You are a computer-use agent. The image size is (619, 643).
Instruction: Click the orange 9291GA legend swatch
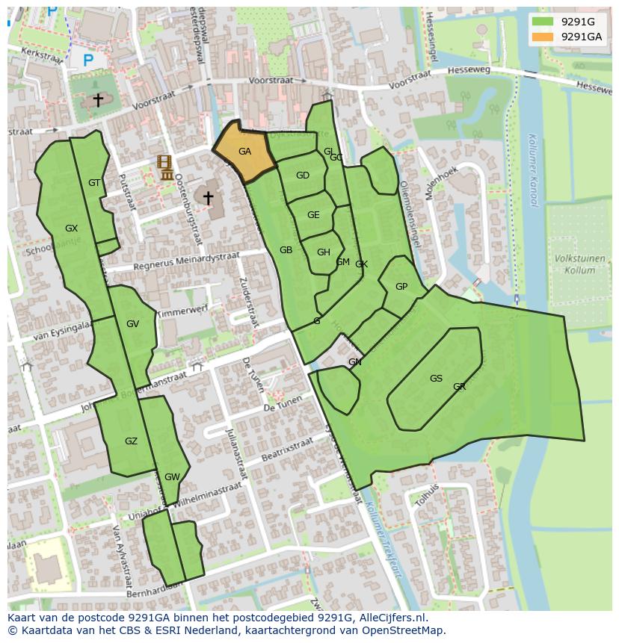pyautogui.click(x=543, y=37)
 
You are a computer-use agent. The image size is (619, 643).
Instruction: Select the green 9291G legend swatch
pyautogui.click(x=543, y=22)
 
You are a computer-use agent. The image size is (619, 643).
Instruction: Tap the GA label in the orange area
pyautogui.click(x=244, y=152)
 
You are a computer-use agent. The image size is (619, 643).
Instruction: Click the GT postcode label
pyautogui.click(x=94, y=183)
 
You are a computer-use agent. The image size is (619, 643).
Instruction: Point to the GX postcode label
pyautogui.click(x=71, y=229)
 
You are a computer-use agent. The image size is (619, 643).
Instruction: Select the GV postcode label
pyautogui.click(x=132, y=324)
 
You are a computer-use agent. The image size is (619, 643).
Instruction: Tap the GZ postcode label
pyautogui.click(x=131, y=441)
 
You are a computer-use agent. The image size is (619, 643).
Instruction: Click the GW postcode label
pyautogui.click(x=172, y=477)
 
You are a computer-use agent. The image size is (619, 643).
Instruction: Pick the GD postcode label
pyautogui.click(x=302, y=176)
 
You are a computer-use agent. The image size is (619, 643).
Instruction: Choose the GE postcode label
pyautogui.click(x=313, y=215)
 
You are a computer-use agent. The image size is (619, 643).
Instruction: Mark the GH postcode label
pyautogui.click(x=323, y=252)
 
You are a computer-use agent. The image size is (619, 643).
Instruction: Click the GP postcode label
pyautogui.click(x=401, y=287)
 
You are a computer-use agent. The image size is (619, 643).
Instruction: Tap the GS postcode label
pyautogui.click(x=436, y=379)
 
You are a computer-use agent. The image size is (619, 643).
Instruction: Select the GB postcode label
pyautogui.click(x=286, y=250)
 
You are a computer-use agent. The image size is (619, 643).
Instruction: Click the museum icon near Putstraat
pyautogui.click(x=166, y=168)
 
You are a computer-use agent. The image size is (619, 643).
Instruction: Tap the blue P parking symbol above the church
pyautogui.click(x=88, y=59)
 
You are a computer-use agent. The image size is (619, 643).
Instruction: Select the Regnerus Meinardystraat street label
pyautogui.click(x=186, y=261)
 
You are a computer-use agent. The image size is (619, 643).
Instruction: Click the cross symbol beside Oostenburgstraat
pyautogui.click(x=208, y=198)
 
